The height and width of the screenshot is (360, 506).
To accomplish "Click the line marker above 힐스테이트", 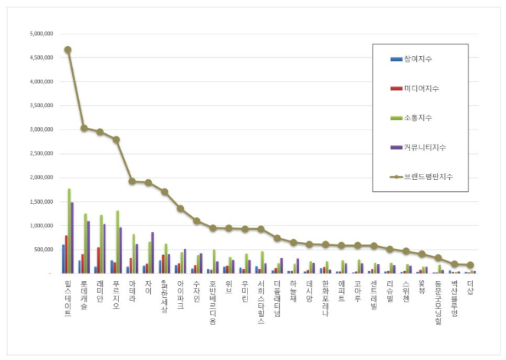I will coord(67,50).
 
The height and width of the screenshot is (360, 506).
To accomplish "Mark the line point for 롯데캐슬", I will coord(84,128).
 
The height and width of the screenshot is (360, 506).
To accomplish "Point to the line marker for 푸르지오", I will coord(116,139).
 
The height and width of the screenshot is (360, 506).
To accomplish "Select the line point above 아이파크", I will coord(180,208).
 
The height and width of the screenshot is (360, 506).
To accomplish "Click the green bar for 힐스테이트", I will coord(69,231).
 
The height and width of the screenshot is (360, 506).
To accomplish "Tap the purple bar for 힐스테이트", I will coord(72,237).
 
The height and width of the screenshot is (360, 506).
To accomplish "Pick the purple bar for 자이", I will coord(153,252).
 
